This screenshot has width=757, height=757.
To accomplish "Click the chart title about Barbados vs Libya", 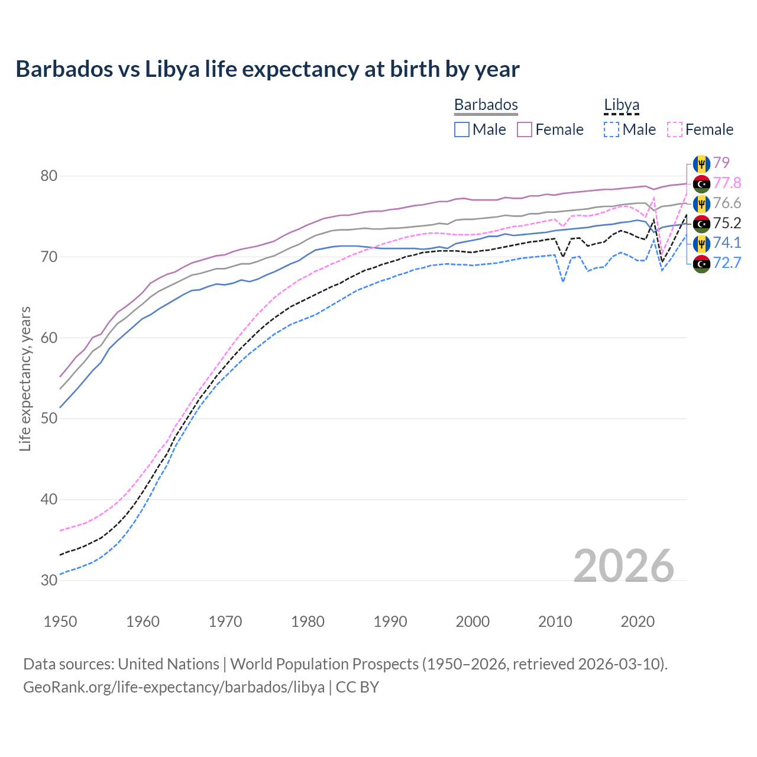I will point(267,69).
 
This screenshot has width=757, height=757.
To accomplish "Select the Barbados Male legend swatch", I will point(462,130).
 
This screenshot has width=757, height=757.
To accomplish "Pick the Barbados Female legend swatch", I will point(525,130).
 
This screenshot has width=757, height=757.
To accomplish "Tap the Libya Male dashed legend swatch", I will point(612,130).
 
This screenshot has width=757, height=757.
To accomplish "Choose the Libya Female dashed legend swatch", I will point(675,130).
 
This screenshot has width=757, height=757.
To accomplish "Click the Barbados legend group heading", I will point(486,105).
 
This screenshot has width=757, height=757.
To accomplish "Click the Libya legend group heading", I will point(622,105).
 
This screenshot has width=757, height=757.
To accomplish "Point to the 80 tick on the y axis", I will point(49,176).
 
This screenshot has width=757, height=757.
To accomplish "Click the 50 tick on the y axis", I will point(49,418).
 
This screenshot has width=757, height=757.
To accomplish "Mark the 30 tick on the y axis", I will point(49,580).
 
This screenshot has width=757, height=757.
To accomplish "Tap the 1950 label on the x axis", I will point(60,622).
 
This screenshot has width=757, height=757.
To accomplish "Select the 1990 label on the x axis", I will point(390,622).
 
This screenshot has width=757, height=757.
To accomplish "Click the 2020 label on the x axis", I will point(638,622).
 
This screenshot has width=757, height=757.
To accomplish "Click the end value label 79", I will point(721,163).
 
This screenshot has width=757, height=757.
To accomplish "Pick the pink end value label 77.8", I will point(727,183).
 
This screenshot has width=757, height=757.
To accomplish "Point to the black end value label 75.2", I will point(727,223).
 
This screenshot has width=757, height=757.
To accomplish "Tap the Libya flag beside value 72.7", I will point(701,263).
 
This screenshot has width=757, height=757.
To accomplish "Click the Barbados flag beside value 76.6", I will point(701,203).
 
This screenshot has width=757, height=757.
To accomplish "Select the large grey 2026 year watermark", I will point(623,566).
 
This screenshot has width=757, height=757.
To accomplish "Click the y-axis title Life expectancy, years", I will point(25,378).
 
